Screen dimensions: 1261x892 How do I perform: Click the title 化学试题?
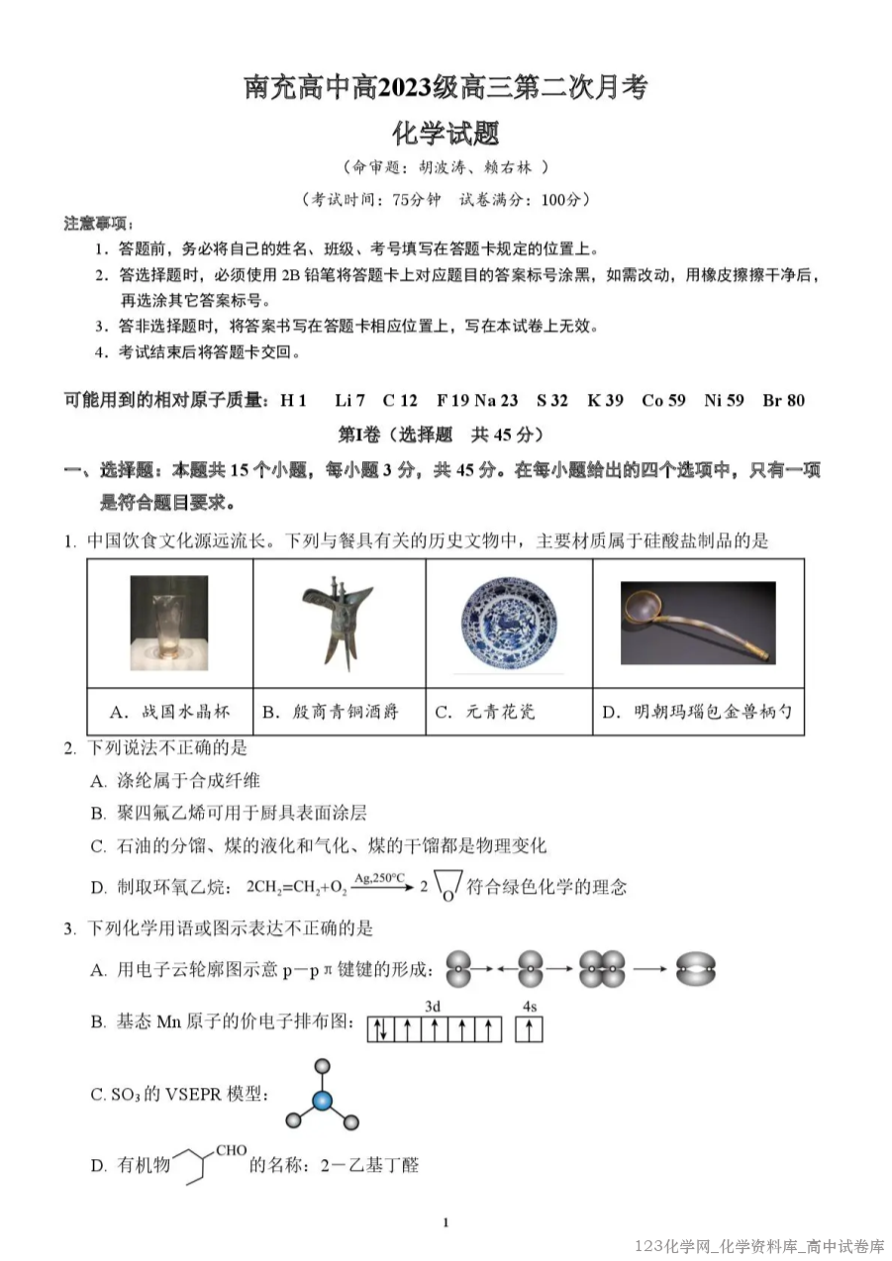446,134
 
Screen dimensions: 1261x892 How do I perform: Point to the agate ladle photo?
698,623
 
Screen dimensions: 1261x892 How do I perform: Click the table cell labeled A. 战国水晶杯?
169,712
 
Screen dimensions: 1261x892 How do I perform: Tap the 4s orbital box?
530,1030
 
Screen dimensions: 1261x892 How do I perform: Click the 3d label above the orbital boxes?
433,1007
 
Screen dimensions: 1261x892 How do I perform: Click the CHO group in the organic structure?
231,1150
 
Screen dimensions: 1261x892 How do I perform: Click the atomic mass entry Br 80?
783,401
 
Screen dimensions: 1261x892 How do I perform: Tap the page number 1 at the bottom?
446,1223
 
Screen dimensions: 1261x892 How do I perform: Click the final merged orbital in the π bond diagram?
696,970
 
